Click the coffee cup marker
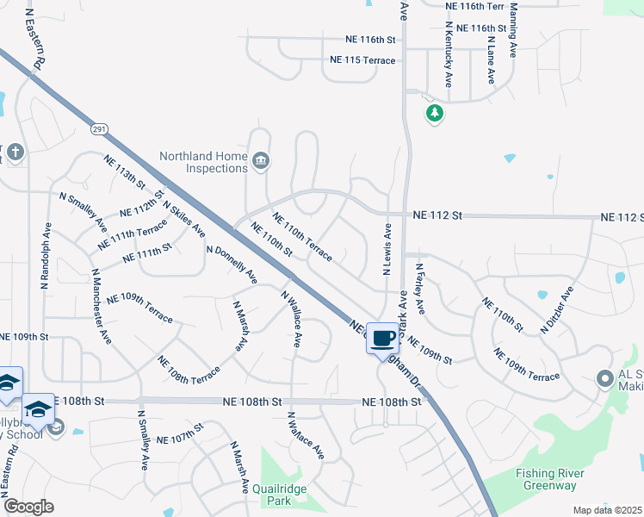coord(383,337)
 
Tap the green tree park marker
coord(436,113)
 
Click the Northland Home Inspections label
coord(204,162)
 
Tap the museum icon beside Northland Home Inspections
coord(260,160)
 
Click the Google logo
coord(28,507)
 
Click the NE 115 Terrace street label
coord(362,60)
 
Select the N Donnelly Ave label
coord(232,265)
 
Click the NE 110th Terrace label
coord(302,237)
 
